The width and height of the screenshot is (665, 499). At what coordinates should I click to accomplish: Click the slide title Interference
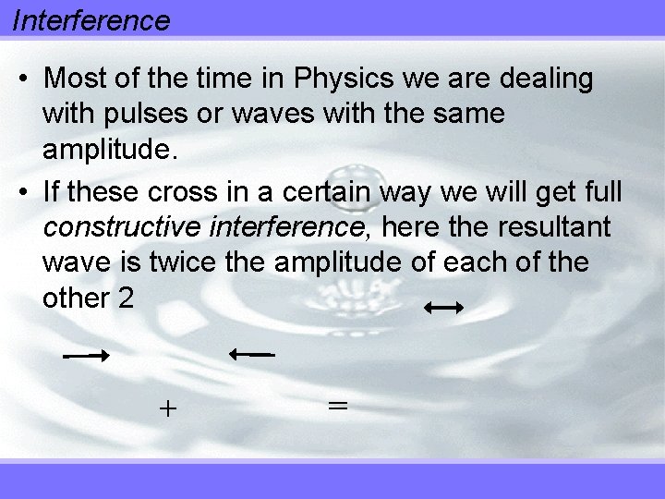coord(91,19)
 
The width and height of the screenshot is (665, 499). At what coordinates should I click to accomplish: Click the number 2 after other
coord(127,299)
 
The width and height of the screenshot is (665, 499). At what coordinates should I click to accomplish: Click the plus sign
coord(167,408)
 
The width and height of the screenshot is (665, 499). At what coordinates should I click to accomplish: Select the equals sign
coord(337,405)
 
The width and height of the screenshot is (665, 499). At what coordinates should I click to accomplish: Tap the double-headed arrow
coord(443,310)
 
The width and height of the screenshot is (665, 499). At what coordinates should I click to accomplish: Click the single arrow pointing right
coord(87,355)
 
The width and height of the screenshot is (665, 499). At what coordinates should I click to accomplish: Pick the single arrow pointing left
coord(251,353)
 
